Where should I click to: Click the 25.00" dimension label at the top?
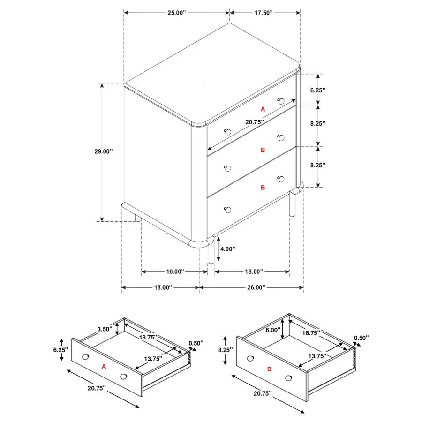click(177, 13)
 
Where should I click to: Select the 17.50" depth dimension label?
click(264, 13)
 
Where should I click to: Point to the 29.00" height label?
click(103, 151)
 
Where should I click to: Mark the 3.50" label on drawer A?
click(105, 329)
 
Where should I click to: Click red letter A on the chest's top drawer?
click(263, 109)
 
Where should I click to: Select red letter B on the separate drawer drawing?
click(269, 369)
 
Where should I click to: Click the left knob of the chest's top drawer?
click(228, 132)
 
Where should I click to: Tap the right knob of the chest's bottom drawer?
click(281, 179)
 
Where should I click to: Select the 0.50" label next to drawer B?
click(361, 338)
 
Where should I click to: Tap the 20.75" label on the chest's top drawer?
click(255, 122)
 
